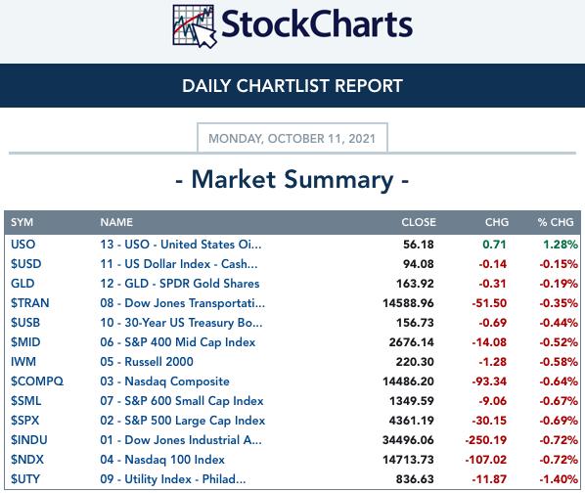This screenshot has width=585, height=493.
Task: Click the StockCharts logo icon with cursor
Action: pos(195,26)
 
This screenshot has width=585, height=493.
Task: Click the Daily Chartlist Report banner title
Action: pos(292,86)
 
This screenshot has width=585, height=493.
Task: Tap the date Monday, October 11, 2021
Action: pos(292,138)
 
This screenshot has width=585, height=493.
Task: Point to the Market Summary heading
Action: pos(292,180)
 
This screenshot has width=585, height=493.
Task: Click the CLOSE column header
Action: pos(419,222)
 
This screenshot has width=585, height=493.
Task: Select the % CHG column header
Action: pos(556,222)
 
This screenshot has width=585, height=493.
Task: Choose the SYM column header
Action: pos(22,222)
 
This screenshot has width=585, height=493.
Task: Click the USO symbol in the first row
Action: pos(23,245)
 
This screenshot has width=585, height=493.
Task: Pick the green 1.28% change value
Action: pos(561,245)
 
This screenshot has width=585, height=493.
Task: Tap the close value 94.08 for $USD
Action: pos(419,264)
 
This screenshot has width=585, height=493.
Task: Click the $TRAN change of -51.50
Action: pos(489,303)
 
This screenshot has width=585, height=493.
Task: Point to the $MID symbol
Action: pos(25,342)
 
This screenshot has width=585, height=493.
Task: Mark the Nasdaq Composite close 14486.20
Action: pos(408,381)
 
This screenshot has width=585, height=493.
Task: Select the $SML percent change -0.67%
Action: pos(559,401)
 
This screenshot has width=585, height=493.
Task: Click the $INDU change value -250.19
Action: pos(486,440)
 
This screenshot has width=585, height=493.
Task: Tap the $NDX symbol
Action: pos(27,460)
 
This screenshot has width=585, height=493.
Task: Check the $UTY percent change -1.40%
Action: pos(559,479)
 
